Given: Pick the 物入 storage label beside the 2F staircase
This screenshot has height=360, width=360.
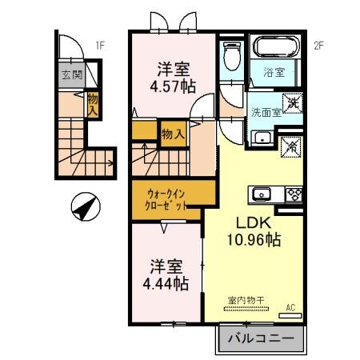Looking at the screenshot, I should click(172, 133).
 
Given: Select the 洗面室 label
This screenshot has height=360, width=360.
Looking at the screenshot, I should click(265, 112).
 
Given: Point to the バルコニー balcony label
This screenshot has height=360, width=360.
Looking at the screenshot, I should click(260, 339).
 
